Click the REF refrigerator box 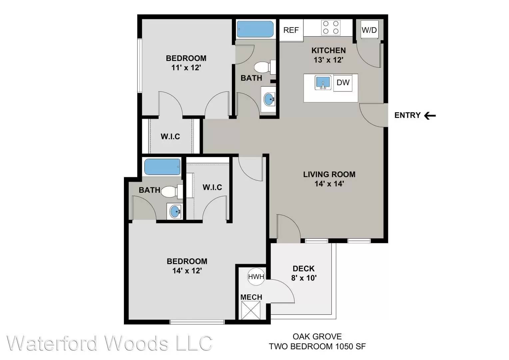tap(291, 30)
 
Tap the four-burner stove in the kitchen tap(331, 28)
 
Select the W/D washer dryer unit tap(369, 30)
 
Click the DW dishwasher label tap(343, 82)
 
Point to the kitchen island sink tap(323, 83)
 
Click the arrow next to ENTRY tap(430, 116)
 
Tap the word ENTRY tap(407, 115)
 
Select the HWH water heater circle tap(256, 277)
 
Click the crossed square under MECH tap(251, 310)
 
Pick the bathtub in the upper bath tap(255, 29)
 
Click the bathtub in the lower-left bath tap(162, 167)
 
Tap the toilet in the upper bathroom tap(265, 67)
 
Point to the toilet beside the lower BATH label tap(172, 191)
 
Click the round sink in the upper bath tap(269, 99)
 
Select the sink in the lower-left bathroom tap(175, 211)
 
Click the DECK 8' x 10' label tap(304, 273)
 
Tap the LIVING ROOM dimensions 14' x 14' tap(329, 184)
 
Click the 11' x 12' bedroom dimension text tap(186, 68)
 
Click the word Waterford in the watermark tap(52, 343)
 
